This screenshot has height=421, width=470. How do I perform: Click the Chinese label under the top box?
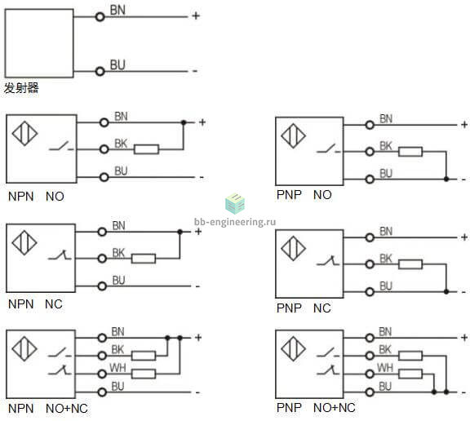coord(21,88)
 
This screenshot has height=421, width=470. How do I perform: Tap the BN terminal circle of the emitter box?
coord(100,16)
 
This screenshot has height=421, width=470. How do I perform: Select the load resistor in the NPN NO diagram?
coord(146,149)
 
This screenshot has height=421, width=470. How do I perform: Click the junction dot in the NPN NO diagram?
coord(184,122)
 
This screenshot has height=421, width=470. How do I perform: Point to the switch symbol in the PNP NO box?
coord(329,148)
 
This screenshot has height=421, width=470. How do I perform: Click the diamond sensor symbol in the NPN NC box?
coord(24,242)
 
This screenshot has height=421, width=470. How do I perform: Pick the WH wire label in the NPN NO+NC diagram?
coord(117,368)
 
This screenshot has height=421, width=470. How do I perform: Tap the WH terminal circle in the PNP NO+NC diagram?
coord(370,374)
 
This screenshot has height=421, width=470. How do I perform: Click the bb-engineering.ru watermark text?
coord(235,222)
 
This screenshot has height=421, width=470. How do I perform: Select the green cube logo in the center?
coord(235,203)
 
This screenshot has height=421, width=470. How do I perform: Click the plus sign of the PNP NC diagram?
coord(464,237)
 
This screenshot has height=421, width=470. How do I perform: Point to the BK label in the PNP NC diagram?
coord(386,259)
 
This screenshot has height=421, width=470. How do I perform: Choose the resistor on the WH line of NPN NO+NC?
coord(144,374)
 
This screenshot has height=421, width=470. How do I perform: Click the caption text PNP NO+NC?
coord(316,408)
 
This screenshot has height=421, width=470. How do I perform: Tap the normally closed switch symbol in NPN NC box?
coord(60,255)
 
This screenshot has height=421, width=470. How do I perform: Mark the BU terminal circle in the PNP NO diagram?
coord(370,179)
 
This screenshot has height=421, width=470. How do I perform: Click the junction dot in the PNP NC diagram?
coord(446,291)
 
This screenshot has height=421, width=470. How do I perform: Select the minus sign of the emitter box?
coord(195,71)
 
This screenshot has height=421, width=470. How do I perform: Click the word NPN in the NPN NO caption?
coord(21,197)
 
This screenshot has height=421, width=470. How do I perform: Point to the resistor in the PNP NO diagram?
coord(410,152)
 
